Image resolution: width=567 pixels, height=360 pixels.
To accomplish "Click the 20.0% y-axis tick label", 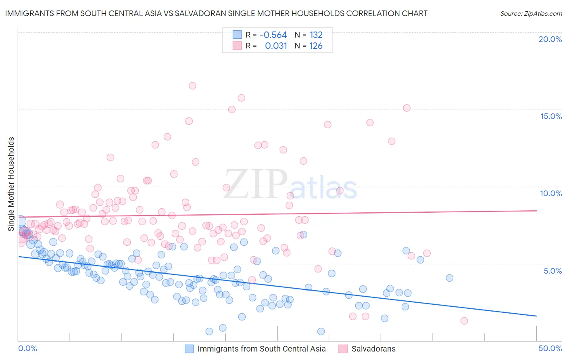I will click(x=550, y=39).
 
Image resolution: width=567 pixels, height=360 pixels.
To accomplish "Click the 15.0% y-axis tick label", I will click(x=551, y=116).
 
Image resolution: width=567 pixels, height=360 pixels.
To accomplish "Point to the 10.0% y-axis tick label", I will click(x=551, y=193).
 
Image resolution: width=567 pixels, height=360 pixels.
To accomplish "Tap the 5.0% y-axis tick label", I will click(x=552, y=271).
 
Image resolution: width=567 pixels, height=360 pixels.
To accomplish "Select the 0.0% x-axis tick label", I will click(x=28, y=348).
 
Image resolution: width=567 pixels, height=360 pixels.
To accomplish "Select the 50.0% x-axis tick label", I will click(x=550, y=348).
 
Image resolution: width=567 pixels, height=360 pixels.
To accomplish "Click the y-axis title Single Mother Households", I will click(x=11, y=184).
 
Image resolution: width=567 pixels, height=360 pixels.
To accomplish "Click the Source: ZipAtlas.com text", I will click(x=531, y=14).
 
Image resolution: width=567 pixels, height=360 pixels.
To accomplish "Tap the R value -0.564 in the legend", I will click(x=273, y=35).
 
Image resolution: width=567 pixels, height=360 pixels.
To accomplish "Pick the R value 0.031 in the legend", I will click(x=276, y=46).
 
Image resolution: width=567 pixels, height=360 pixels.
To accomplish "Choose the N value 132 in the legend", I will click(x=316, y=35).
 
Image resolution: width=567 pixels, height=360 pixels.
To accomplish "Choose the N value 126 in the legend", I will click(x=316, y=46).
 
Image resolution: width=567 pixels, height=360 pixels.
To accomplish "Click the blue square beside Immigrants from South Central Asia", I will click(x=190, y=349).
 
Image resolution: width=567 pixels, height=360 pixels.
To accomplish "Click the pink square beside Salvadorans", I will click(x=343, y=349).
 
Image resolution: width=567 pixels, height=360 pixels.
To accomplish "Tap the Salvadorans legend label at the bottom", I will click(x=373, y=349).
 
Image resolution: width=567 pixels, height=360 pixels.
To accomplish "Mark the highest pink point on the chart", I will click(x=192, y=86).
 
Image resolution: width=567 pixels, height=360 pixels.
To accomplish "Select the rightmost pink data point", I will click(x=464, y=321).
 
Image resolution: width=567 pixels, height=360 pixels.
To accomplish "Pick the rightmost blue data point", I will click(x=450, y=278).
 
